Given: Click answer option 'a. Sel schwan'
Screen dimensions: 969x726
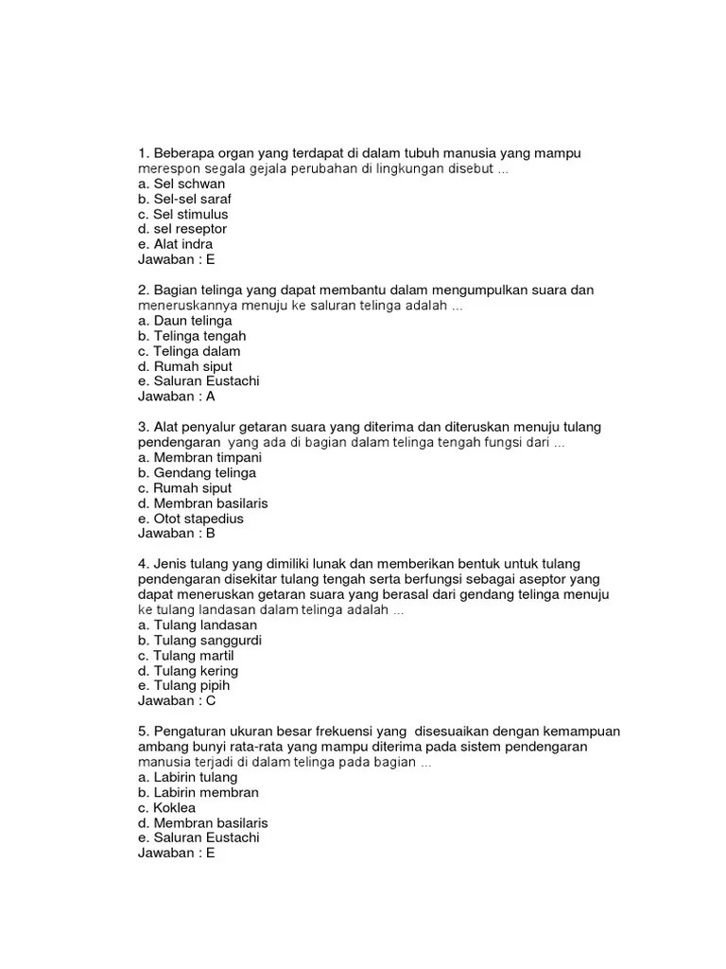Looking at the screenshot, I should [x=181, y=184].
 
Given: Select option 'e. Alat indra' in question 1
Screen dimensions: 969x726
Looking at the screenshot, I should [x=175, y=244].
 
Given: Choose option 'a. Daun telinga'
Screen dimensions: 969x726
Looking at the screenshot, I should [x=184, y=321].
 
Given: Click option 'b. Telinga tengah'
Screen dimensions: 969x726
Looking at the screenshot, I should [x=191, y=336].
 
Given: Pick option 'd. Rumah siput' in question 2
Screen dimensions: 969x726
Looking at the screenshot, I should [x=184, y=366].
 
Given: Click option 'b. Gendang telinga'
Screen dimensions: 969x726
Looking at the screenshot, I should [x=197, y=472].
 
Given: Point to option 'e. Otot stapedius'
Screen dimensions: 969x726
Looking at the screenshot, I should [x=190, y=518].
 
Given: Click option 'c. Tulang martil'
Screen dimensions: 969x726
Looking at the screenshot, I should [x=185, y=655].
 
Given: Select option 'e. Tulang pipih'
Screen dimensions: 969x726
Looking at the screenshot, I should [x=183, y=685].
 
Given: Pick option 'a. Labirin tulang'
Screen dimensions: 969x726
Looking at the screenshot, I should [x=187, y=777].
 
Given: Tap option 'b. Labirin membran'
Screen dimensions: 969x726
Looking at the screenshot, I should [x=198, y=792].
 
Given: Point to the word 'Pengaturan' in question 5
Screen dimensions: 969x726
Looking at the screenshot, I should [x=186, y=731].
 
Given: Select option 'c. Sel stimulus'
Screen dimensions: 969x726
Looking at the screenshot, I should [x=182, y=214].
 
